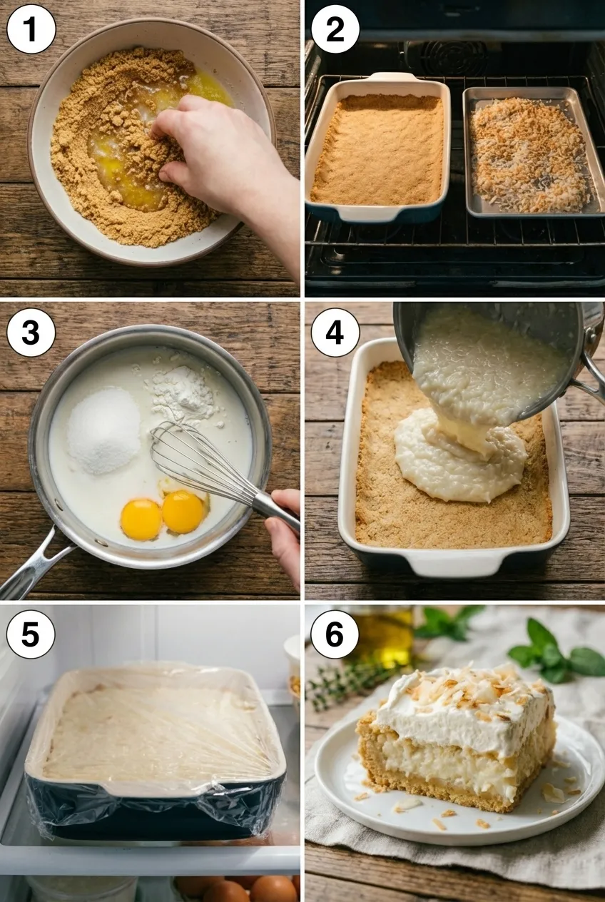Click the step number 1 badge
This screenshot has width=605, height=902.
(30, 29)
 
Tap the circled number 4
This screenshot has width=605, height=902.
(335, 333)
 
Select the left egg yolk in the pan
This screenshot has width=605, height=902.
(141, 519)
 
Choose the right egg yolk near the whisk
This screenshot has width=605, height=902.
(183, 511)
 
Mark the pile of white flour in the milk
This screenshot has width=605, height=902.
(183, 392)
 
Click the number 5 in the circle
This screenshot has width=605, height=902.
(30, 634)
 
